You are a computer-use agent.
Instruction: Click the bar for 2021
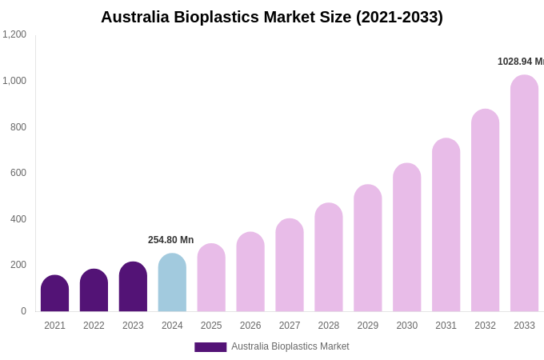(x=54, y=294)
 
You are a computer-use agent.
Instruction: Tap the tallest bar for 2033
(x=524, y=194)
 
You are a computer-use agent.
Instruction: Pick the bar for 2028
(x=328, y=258)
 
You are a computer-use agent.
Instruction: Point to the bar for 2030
(x=406, y=238)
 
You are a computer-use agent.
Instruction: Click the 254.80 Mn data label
(x=170, y=240)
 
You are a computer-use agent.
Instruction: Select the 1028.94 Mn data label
(x=520, y=62)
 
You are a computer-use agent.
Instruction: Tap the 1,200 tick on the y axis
(x=14, y=34)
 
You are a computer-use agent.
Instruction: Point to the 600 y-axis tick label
(x=18, y=173)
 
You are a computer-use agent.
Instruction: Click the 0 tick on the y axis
(x=23, y=311)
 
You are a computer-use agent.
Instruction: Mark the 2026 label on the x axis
(x=250, y=326)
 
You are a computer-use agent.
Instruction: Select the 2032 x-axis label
(x=485, y=326)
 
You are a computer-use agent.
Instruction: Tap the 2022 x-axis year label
(x=94, y=326)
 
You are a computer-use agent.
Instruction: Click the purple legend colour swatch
(x=210, y=347)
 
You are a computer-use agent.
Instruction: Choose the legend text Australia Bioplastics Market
(x=290, y=346)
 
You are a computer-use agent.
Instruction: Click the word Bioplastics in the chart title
(x=219, y=17)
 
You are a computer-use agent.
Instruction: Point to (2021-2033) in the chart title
(x=399, y=17)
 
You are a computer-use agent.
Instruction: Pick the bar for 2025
(x=211, y=278)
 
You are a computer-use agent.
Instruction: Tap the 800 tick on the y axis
(x=18, y=127)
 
